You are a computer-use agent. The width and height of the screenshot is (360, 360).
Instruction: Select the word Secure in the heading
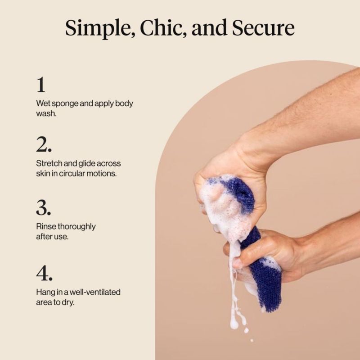pos(263,28)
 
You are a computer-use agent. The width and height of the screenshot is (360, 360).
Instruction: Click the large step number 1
pos(41,85)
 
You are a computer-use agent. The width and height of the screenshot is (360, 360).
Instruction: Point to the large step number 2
pos(44,144)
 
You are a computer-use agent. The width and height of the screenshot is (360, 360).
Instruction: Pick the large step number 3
pos(43,207)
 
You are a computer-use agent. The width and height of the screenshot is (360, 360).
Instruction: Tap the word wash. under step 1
pos(46,113)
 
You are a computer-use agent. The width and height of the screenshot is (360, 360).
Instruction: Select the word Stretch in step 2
pos(49,163)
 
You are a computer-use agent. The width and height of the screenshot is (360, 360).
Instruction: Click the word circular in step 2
pos(72,173)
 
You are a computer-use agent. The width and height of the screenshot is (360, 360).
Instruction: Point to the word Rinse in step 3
pos(46,227)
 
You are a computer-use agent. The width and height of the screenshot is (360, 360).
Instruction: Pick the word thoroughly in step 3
pos(76,227)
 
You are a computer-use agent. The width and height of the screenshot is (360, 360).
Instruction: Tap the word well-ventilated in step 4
pos(95,292)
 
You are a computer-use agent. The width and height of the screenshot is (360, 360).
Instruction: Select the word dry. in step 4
pos(68,302)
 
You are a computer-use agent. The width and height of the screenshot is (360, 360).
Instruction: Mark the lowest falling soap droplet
pos(252,340)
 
